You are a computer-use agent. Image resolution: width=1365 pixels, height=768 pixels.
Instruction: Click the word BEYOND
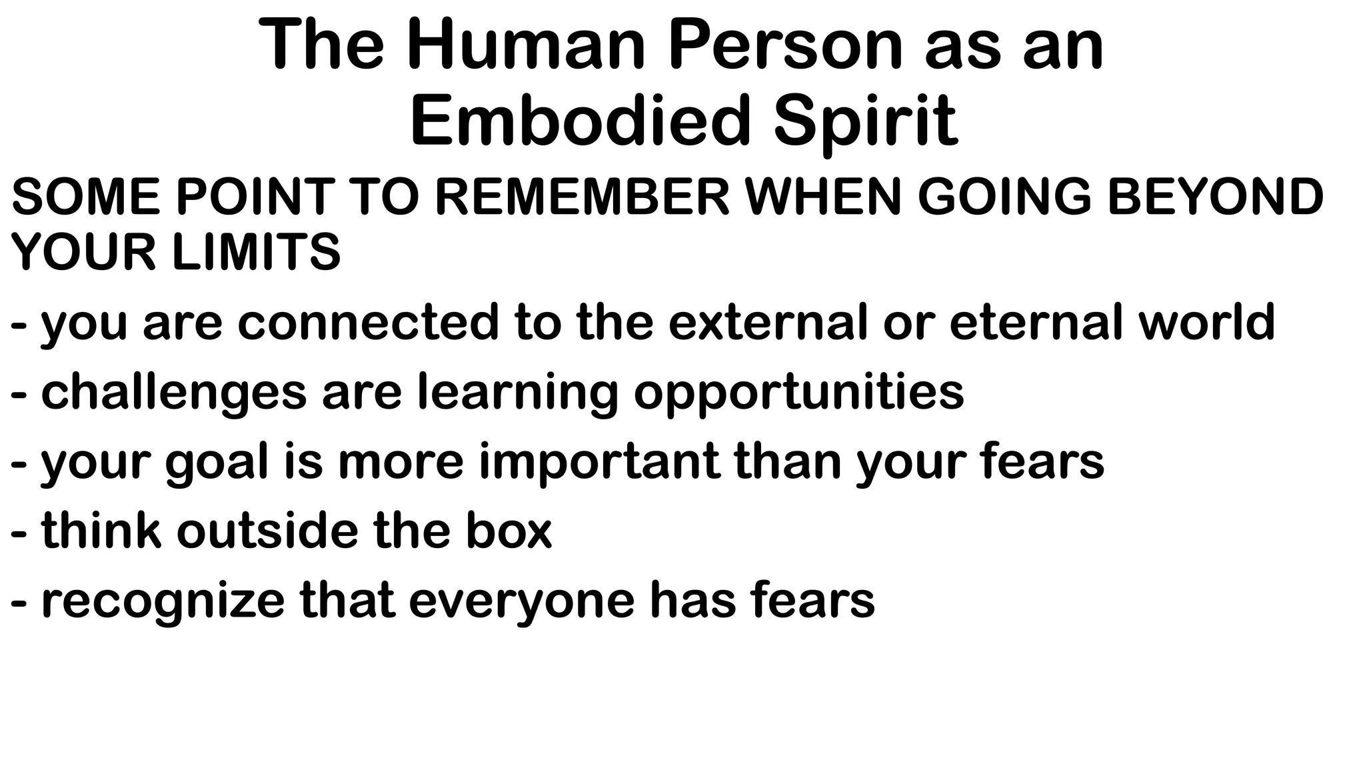pyautogui.click(x=1215, y=197)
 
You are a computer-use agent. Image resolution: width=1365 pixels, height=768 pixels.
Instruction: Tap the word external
pyautogui.click(x=768, y=322)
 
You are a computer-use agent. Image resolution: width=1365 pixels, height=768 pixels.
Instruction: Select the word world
pyautogui.click(x=1207, y=322)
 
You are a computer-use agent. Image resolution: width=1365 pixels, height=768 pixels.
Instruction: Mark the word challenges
pyautogui.click(x=174, y=392)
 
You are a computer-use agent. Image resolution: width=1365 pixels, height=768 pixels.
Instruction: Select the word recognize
pyautogui.click(x=163, y=601)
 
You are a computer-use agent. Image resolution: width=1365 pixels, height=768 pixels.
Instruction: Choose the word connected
pyautogui.click(x=368, y=322)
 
